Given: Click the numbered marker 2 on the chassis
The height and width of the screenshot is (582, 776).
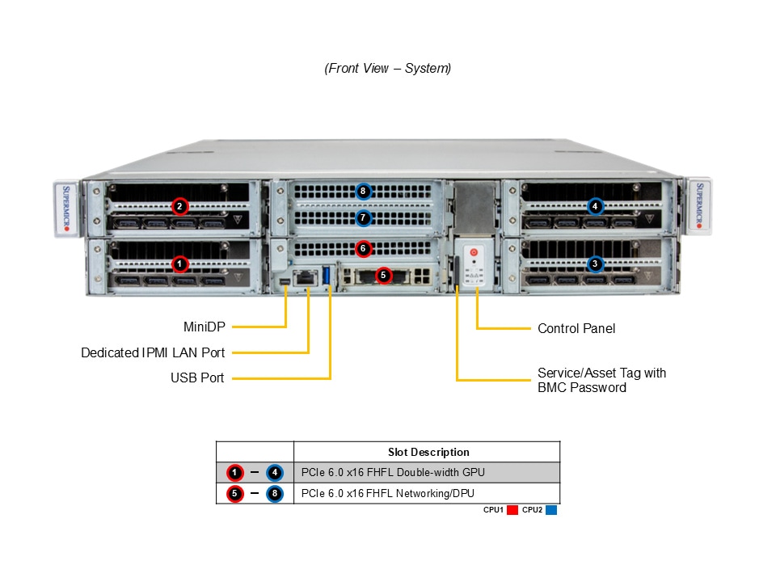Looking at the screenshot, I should (x=179, y=206).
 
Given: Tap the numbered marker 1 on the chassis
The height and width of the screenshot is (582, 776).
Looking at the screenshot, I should (x=179, y=264).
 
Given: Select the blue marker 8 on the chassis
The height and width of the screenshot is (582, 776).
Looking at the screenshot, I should (x=363, y=192).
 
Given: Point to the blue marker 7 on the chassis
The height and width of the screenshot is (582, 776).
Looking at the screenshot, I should (x=363, y=217).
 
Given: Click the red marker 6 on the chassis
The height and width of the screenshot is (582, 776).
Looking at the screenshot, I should (x=363, y=248).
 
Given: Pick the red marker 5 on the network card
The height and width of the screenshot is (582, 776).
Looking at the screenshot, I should (x=384, y=276).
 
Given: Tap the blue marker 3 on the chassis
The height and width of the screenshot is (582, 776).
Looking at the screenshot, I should (x=595, y=264).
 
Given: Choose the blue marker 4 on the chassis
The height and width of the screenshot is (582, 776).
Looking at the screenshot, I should (x=595, y=206).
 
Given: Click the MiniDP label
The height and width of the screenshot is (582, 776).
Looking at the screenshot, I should (x=204, y=327).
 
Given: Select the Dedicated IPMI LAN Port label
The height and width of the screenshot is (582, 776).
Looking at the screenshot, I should (x=153, y=352).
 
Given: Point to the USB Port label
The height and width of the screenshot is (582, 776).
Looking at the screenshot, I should (x=197, y=377).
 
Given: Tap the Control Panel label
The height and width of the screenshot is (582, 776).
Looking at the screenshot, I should (x=576, y=328).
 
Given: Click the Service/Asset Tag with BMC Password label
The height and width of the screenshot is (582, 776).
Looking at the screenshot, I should (x=601, y=380).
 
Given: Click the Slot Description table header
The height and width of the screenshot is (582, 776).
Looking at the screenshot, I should (x=428, y=452).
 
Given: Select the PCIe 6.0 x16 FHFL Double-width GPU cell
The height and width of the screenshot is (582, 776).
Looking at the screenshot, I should (x=393, y=472).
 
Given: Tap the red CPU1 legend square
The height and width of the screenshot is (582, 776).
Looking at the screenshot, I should (x=512, y=510).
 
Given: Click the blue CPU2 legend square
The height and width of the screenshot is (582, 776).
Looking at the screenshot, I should (x=551, y=510).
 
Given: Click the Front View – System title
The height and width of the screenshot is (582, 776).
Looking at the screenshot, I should (x=388, y=69).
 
